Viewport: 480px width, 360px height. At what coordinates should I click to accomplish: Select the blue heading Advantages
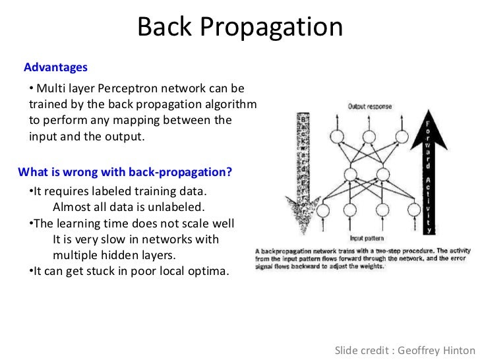tap(55, 67)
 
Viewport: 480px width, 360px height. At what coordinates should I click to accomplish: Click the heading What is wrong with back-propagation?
tap(125, 173)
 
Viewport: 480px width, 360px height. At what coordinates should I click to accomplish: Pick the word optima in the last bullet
tap(208, 270)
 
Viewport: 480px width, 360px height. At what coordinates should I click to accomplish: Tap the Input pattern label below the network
tap(368, 238)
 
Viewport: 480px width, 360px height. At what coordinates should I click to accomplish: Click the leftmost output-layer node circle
tap(338, 137)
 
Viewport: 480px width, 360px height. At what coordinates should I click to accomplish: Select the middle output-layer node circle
tap(369, 137)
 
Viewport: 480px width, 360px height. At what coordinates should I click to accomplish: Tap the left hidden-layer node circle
tap(354, 174)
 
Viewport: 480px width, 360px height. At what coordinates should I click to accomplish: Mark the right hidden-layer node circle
tap(384, 174)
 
